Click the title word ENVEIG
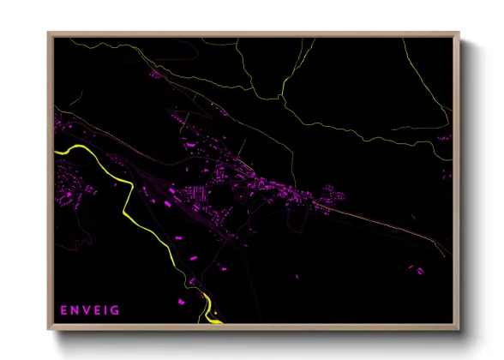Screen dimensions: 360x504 pos(90,309)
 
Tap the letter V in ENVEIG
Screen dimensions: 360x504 pos(86,309)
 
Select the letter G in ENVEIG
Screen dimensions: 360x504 pos(116,309)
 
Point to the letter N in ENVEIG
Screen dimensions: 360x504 pos(75,309)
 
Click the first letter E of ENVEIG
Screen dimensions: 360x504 pos(63,309)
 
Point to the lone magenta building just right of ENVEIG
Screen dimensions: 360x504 pos(182,302)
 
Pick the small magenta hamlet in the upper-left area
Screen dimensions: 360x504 pos(157,75)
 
